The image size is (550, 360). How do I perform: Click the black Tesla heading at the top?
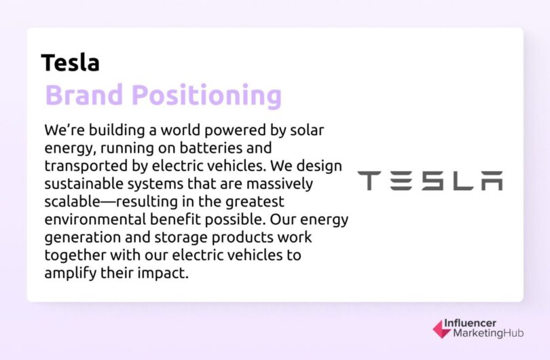pos(70,62)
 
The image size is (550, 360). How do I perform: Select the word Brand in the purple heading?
pos(85,96)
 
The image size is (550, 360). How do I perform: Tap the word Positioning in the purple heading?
pos(206,96)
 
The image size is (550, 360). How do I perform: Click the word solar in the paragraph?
pos(313,129)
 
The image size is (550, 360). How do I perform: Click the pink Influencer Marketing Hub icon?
pos(441,329)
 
